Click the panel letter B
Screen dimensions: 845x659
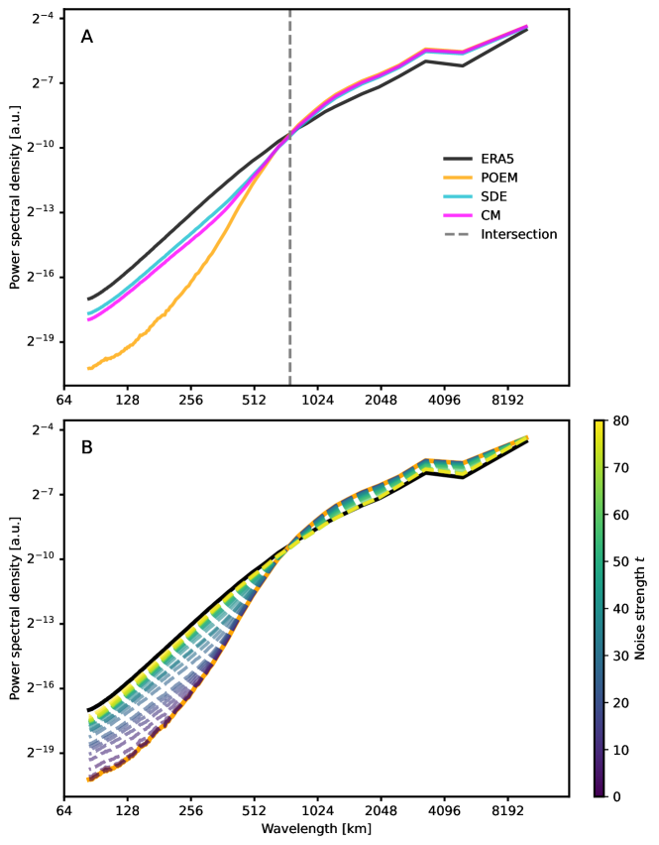(x=87, y=447)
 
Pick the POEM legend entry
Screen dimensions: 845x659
(x=500, y=177)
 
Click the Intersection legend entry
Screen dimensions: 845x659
(x=518, y=234)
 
